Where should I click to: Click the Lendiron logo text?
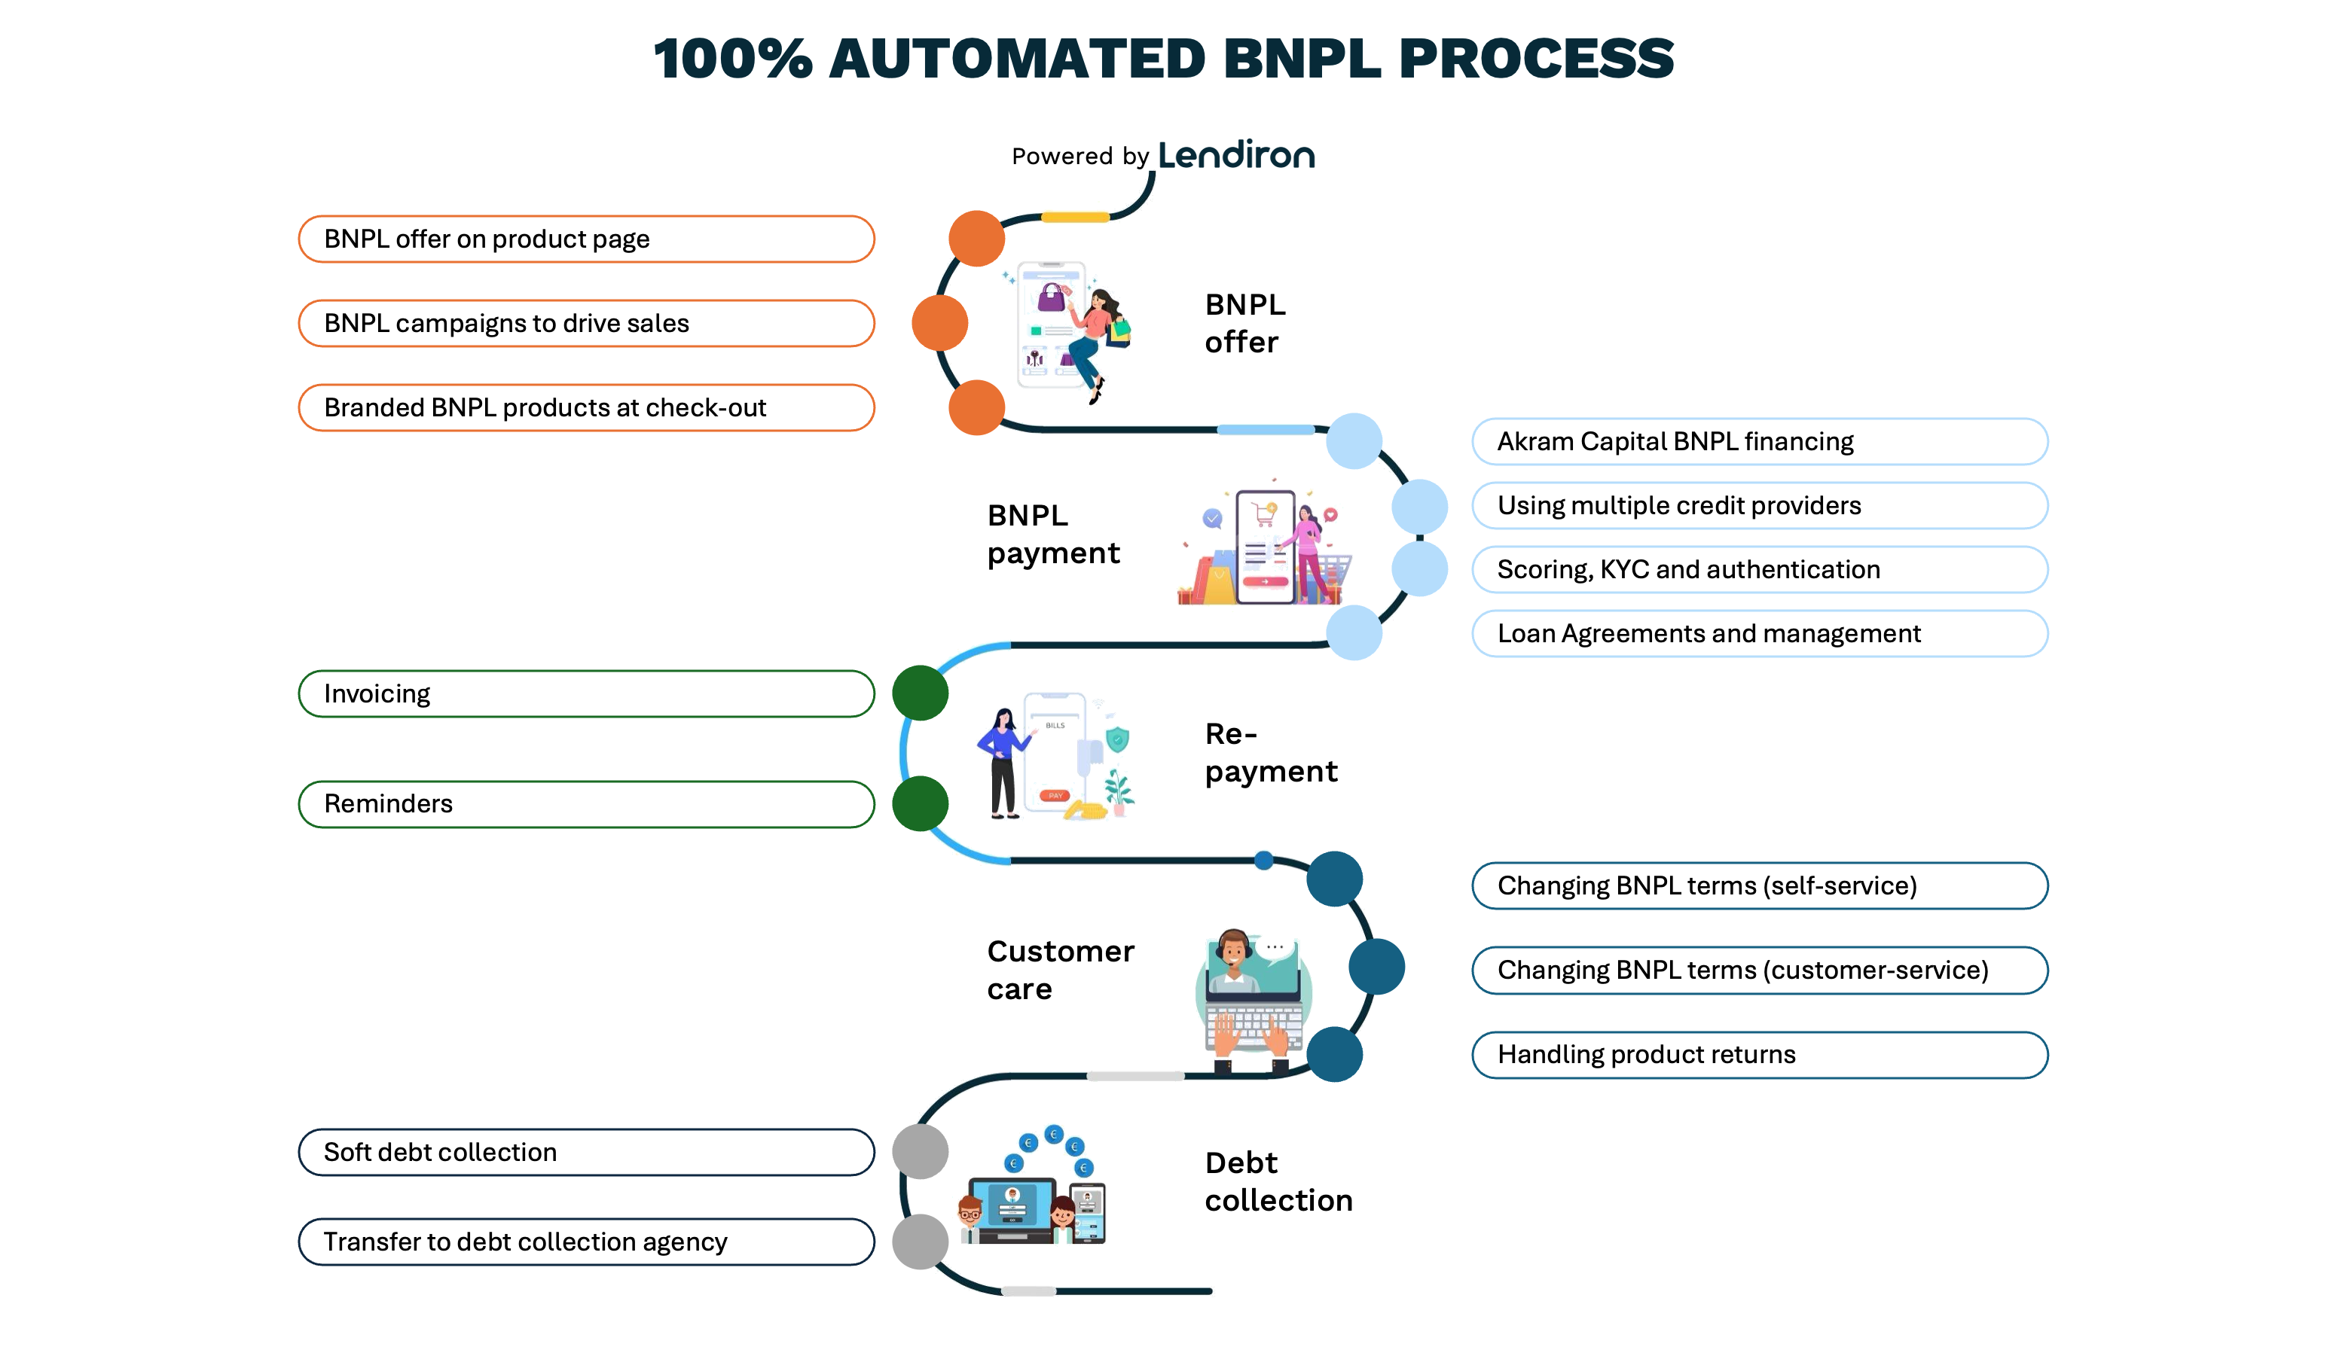(x=1236, y=155)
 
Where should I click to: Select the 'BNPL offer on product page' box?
(x=586, y=239)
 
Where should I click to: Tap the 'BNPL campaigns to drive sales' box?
(x=586, y=324)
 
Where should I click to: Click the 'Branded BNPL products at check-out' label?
(x=586, y=407)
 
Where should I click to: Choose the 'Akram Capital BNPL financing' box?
(x=1760, y=442)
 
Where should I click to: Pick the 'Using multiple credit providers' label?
(x=1760, y=506)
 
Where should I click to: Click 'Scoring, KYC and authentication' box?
(x=1760, y=569)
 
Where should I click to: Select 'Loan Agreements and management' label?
(x=1760, y=633)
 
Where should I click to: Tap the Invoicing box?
(x=586, y=694)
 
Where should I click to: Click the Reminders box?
(x=586, y=804)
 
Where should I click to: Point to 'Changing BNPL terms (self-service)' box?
(x=1760, y=885)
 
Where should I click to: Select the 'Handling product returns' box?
(x=1760, y=1055)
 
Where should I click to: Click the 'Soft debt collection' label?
(x=586, y=1153)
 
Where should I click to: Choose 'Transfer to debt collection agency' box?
(x=586, y=1242)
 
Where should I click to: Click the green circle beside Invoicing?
(x=920, y=693)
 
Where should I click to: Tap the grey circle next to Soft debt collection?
(x=920, y=1152)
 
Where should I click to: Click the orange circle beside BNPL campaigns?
(x=939, y=324)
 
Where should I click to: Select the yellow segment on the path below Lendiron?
(x=1075, y=218)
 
